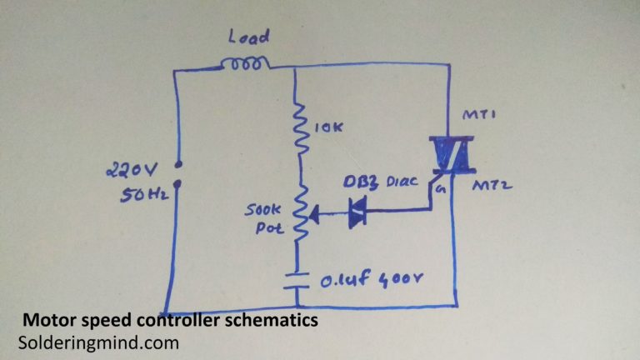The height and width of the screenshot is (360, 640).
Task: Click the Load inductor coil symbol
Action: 246,63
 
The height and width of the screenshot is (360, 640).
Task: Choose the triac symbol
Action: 447,154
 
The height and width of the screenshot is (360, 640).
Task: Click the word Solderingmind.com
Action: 97,342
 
